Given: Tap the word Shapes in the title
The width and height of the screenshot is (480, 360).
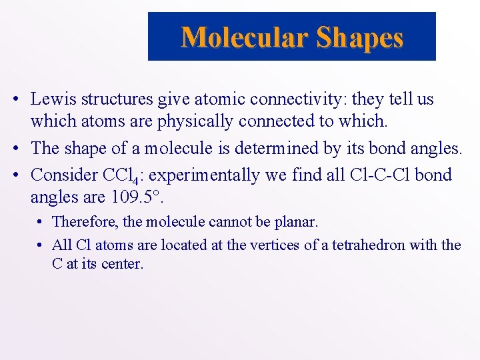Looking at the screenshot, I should tap(360, 38).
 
